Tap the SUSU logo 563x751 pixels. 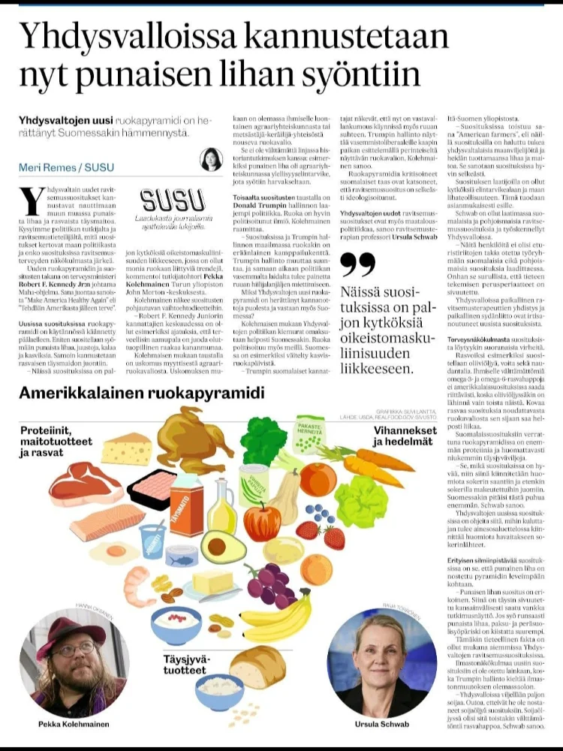tap(173, 201)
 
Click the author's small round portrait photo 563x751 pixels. tap(211, 159)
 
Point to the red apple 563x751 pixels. tap(262, 521)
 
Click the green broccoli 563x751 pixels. tap(263, 440)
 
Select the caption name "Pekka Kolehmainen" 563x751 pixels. tap(74, 724)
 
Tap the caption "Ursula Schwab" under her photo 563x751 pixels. tap(385, 724)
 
